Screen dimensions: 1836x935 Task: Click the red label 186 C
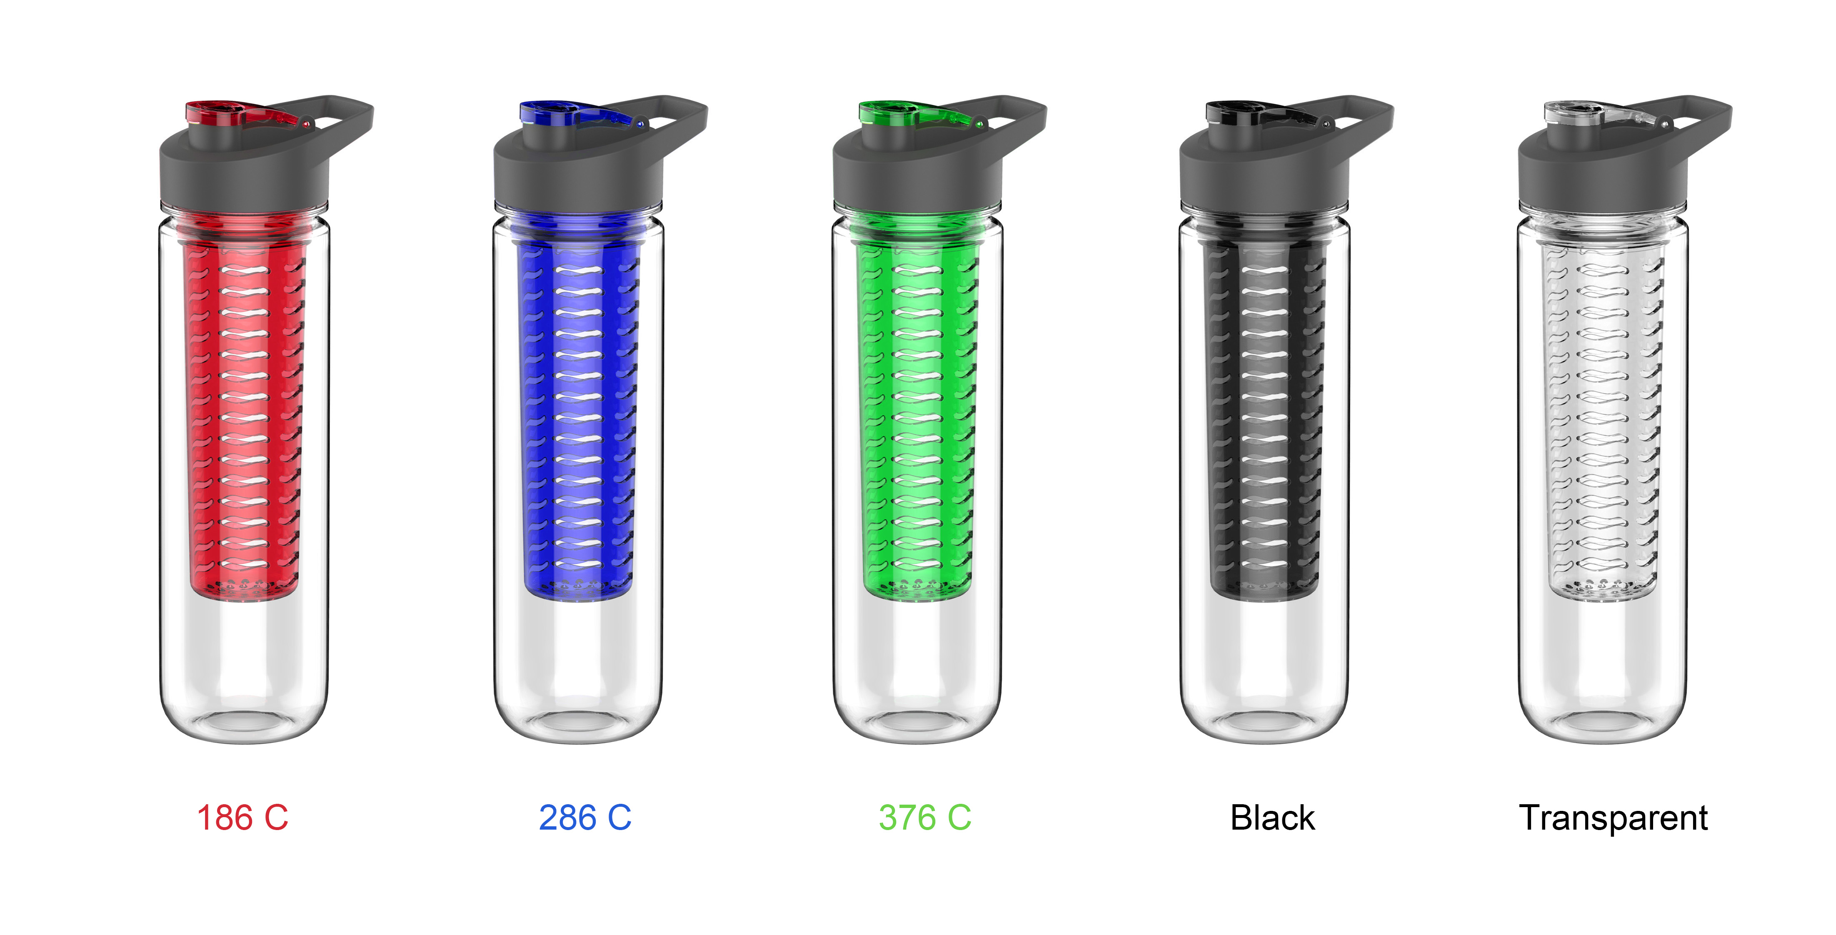(242, 818)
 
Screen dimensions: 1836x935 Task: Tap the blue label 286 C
(585, 818)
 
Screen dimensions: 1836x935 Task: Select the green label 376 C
(924, 818)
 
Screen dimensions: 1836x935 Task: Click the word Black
(1272, 818)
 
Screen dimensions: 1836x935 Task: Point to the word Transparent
(1613, 818)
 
